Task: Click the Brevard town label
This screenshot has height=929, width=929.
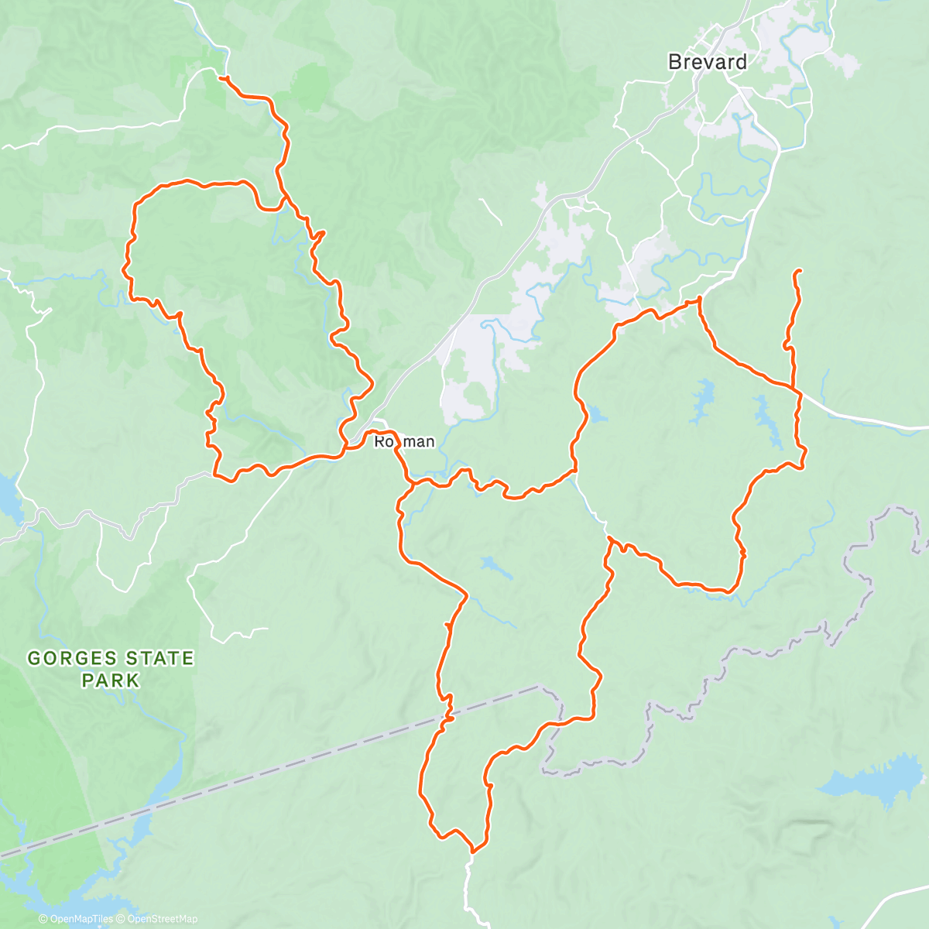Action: point(708,62)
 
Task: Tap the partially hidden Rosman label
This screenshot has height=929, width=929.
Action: point(404,442)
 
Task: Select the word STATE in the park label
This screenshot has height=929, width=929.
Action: point(154,659)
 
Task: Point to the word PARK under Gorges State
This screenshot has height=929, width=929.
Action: point(111,680)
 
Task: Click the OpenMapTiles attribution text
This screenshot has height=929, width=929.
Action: point(76,919)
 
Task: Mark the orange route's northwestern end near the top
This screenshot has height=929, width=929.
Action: point(221,77)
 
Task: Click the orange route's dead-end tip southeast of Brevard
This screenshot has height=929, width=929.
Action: point(797,270)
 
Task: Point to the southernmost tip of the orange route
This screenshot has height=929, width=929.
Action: point(473,849)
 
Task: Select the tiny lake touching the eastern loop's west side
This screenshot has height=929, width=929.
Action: point(598,415)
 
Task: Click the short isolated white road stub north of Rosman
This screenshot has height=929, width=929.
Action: point(489,211)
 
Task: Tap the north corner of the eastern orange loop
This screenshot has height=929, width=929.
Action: point(699,299)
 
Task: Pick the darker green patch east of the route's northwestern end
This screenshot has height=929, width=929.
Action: point(312,86)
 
